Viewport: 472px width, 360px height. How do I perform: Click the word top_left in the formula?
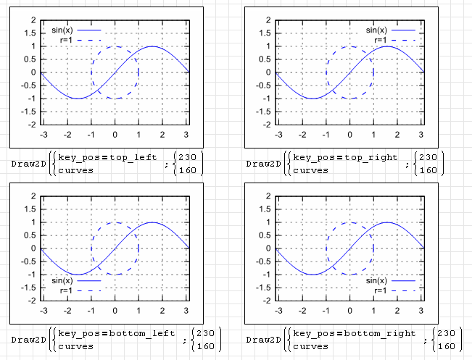pos(134,157)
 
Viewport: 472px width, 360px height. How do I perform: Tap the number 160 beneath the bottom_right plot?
pos(447,346)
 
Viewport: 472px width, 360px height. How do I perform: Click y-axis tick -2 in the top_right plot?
pos(266,125)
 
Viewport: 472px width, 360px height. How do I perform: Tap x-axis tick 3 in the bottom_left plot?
pos(186,311)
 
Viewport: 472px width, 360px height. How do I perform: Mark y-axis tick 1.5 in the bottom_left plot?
pos(30,209)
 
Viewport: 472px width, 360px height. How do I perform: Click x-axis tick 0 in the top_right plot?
pos(349,135)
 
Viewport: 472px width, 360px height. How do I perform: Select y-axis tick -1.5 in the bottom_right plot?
pos(263,288)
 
